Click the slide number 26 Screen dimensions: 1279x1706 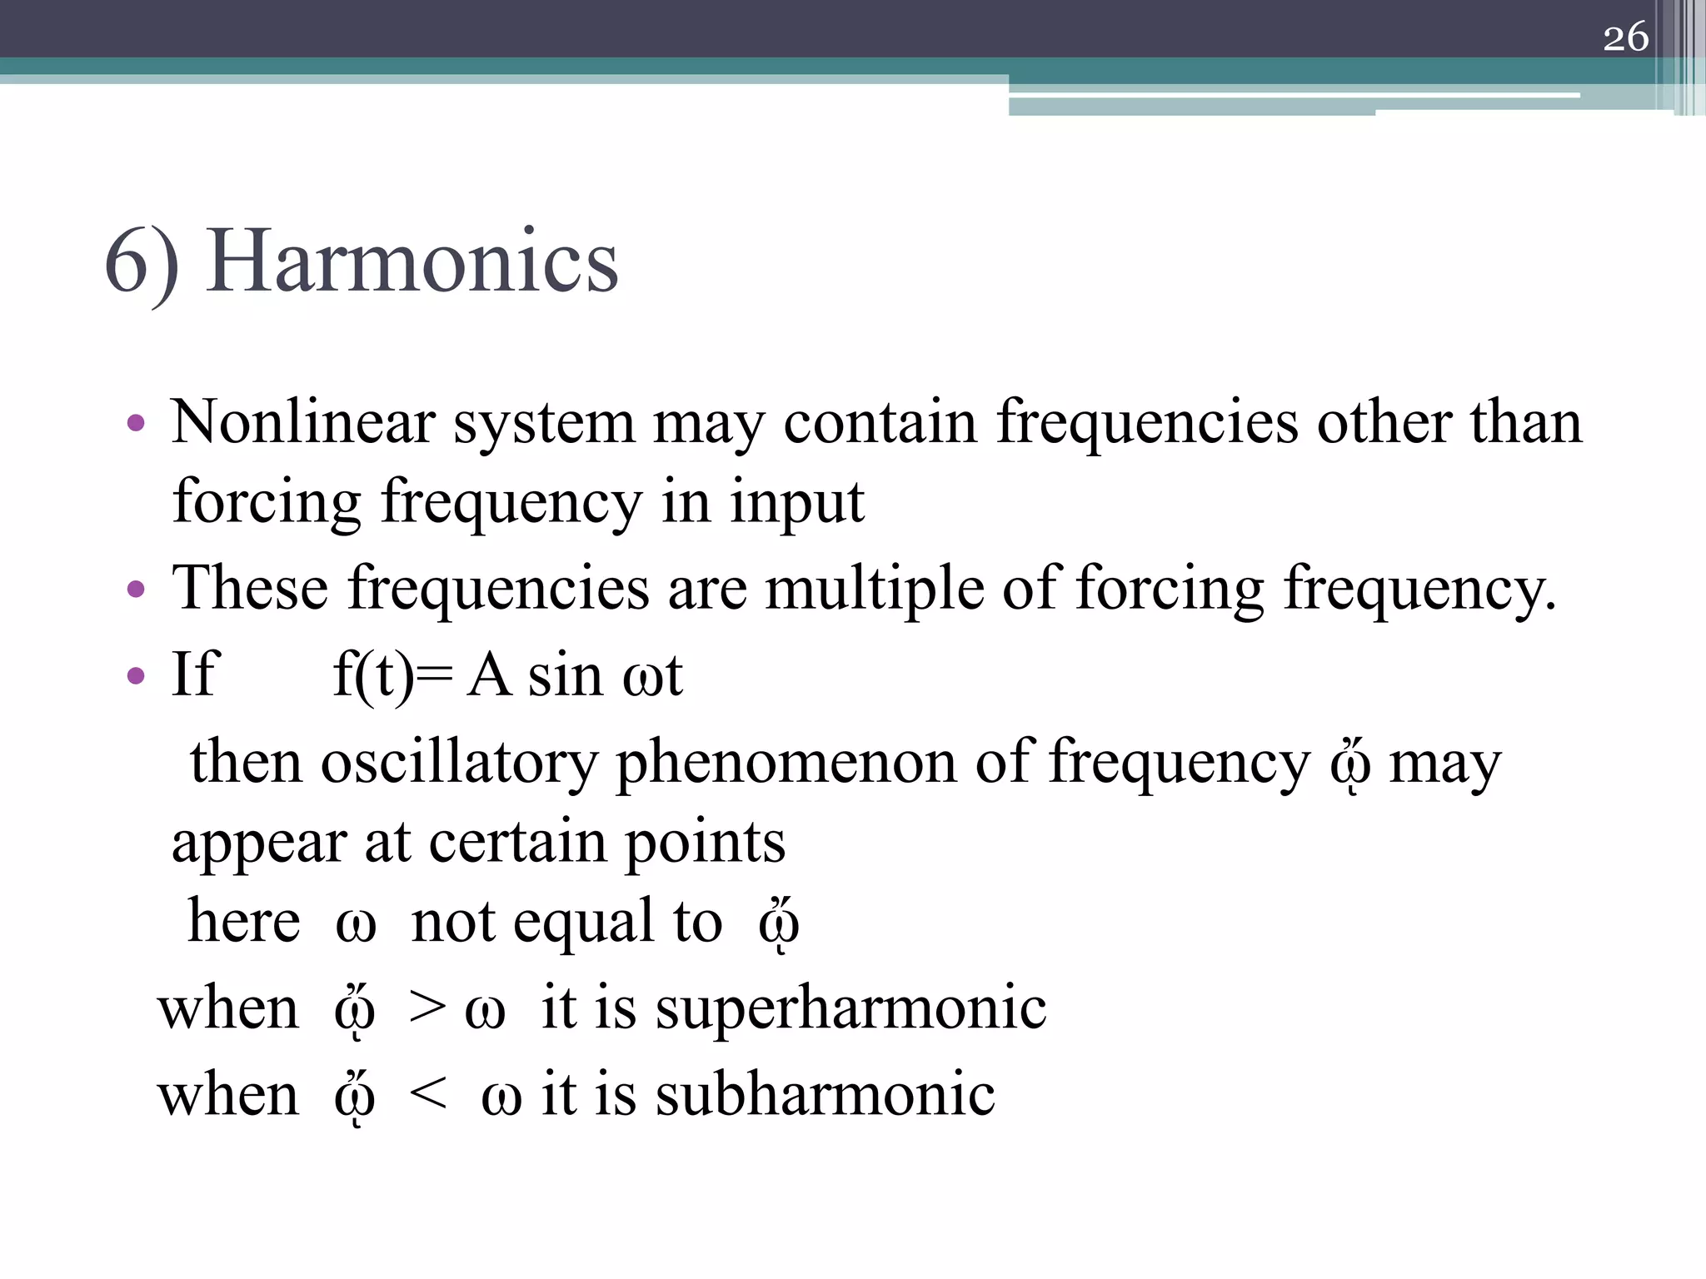[x=1625, y=37]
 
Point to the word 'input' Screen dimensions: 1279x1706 [x=797, y=504]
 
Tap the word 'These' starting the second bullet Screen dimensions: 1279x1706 [x=250, y=588]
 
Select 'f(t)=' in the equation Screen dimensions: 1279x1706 [x=392, y=674]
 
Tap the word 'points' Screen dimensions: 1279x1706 [x=705, y=844]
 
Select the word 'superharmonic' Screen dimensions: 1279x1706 [x=851, y=1008]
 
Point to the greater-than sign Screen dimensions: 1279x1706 [x=427, y=1008]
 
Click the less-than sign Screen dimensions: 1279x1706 [x=429, y=1094]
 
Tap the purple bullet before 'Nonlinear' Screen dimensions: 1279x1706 [x=136, y=424]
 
